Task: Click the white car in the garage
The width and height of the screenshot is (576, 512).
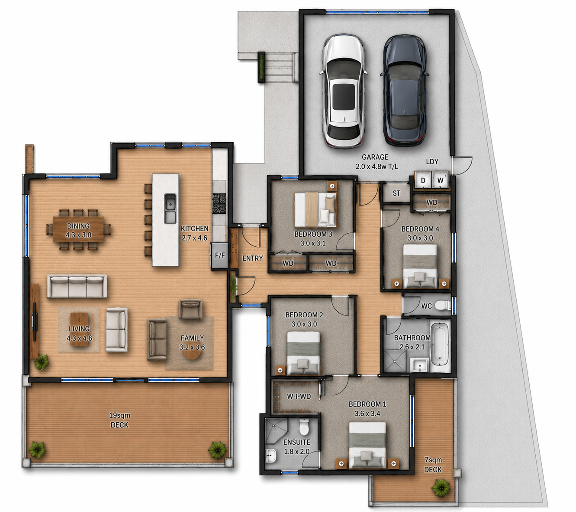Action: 343,91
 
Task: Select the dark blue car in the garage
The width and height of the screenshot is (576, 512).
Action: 404,90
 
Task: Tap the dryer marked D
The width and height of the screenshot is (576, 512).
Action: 423,180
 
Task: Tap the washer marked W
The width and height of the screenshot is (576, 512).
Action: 440,180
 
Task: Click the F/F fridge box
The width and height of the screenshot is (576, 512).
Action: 219,255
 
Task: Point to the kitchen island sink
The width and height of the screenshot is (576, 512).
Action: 170,209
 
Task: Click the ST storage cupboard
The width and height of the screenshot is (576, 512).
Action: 396,193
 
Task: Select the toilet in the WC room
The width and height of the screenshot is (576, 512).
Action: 443,305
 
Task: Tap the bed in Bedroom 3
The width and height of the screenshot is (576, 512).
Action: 315,210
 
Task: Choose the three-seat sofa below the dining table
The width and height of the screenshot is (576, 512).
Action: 77,286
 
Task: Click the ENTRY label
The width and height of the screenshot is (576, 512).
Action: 252,258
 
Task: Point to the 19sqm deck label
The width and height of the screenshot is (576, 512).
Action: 119,420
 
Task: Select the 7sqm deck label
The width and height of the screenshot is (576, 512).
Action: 433,465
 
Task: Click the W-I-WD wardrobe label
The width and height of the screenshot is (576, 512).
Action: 299,396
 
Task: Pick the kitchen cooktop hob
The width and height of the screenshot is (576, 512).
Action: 219,203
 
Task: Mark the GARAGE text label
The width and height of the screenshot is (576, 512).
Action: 375,157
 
